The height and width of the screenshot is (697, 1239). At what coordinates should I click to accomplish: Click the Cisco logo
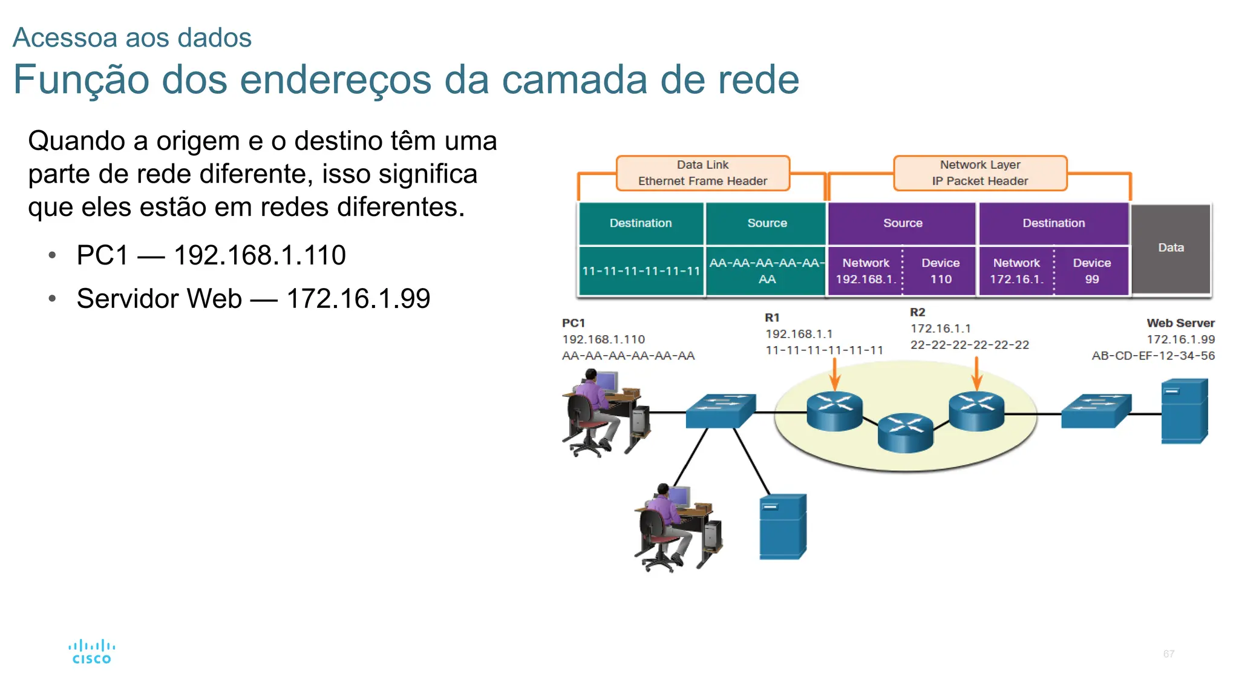coord(91,652)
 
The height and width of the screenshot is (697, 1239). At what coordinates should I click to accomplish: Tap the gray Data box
coord(1171,248)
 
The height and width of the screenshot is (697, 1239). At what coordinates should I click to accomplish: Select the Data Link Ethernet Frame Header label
coord(702,173)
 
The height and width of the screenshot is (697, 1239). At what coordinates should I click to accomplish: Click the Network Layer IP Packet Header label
coord(980,173)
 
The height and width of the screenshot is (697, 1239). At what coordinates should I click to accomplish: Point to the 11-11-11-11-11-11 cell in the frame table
coord(641,271)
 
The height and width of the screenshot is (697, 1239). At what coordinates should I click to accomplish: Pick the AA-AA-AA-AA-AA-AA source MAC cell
coord(767,271)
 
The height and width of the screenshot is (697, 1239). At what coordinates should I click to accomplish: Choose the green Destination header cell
coord(641,223)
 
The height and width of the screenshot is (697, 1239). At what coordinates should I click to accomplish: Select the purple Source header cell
coord(902,223)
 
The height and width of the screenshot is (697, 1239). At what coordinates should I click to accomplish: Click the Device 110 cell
coord(940,271)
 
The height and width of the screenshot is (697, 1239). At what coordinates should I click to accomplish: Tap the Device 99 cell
coord(1091,271)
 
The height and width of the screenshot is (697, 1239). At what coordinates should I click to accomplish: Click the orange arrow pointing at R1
coord(835,374)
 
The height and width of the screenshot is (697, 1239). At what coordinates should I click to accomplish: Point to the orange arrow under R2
coord(976,374)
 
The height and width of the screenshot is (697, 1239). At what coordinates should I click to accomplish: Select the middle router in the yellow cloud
coord(906,432)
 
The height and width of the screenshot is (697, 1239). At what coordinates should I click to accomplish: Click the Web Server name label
coord(1180,323)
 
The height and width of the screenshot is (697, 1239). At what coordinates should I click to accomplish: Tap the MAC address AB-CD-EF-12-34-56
coord(1153,356)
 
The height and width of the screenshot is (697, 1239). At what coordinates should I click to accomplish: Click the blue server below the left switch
coord(783,526)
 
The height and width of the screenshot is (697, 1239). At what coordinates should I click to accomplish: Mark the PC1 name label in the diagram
coord(574,323)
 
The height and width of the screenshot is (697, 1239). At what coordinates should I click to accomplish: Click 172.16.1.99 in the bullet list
coord(358,299)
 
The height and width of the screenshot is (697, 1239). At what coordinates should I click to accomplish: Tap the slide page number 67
coord(1169,654)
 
